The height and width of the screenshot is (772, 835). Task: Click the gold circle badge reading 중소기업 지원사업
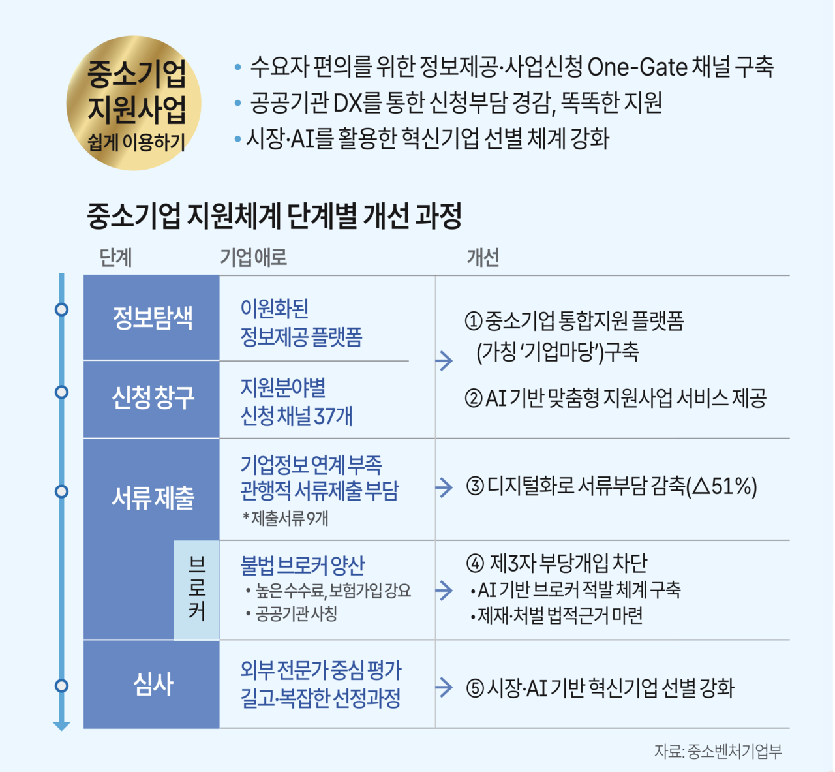134,103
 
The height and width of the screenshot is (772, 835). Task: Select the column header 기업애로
253,258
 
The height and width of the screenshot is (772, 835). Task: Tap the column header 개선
483,258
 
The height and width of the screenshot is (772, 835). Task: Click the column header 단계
115,258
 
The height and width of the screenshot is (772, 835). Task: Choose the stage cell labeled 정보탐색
152,318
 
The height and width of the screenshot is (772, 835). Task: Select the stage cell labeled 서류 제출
152,497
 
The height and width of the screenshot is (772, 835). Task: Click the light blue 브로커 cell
196,590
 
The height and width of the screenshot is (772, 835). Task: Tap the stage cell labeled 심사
152,684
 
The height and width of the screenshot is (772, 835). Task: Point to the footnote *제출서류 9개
285,518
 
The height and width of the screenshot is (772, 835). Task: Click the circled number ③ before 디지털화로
475,487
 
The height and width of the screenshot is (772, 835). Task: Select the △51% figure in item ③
725,487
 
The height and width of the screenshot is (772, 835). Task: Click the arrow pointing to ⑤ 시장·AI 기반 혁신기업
444,687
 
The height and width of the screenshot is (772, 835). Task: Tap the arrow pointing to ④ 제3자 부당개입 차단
444,591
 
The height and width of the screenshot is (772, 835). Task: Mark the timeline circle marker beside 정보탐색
62,309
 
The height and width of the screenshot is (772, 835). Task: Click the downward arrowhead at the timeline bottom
62,725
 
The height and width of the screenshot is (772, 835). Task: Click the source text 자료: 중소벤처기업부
718,751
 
